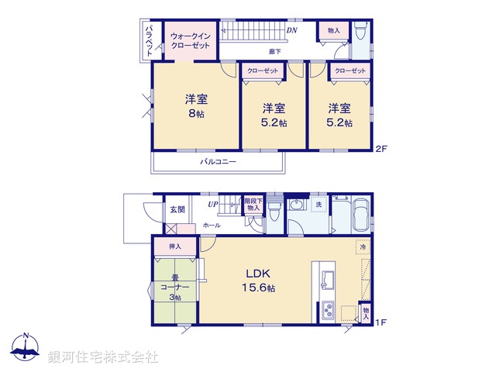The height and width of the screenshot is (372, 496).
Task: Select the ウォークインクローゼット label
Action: (190, 40)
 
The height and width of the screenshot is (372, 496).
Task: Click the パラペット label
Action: (150, 40)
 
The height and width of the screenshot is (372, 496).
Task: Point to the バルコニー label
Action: (218, 163)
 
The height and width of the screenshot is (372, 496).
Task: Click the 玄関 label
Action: (177, 209)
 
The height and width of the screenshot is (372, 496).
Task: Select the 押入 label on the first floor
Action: (175, 246)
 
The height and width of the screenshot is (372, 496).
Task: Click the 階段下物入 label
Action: (253, 204)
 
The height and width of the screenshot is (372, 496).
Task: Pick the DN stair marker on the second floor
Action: (291, 31)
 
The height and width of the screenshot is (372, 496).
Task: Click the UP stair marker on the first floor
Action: (212, 205)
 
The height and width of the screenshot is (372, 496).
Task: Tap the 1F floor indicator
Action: (381, 322)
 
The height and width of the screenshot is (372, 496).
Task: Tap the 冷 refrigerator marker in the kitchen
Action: (363, 246)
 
